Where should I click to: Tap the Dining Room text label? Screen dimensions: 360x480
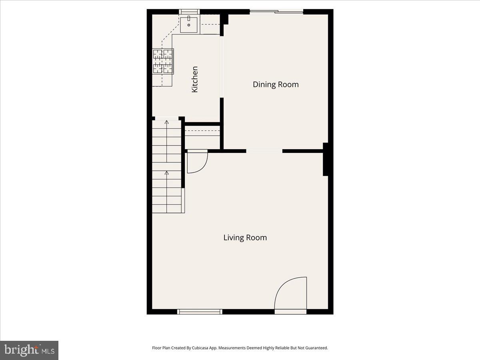[276, 84]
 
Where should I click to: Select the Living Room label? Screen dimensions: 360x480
[245, 238]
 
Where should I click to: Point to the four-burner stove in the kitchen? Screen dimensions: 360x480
[163, 61]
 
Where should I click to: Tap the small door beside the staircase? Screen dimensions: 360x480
[197, 161]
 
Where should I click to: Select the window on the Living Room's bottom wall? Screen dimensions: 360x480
[200, 312]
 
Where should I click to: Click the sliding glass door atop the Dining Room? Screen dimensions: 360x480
[276, 12]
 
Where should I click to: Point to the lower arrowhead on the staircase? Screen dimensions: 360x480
[167, 173]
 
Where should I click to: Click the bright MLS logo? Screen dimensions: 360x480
[29, 350]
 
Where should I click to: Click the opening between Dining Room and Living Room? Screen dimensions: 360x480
[264, 151]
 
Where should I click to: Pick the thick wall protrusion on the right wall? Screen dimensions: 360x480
[326, 159]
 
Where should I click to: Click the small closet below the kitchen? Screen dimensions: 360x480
[202, 137]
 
